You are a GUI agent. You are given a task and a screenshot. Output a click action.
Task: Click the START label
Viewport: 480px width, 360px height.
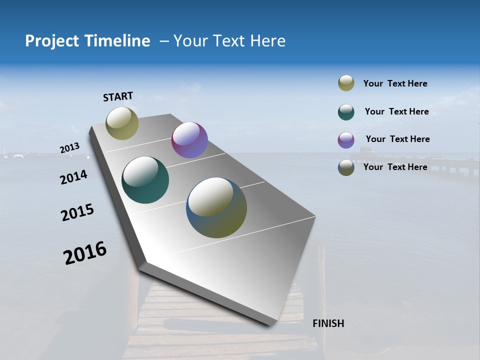pos(118,96)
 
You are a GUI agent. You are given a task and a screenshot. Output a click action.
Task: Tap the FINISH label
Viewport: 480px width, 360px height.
pos(328,323)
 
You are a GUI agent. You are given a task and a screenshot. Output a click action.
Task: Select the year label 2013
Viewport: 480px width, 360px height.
pos(70,148)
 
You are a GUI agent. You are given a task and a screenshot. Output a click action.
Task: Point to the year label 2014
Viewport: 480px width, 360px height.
pos(74,177)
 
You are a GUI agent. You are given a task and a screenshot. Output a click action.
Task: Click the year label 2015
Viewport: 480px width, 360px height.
pos(77,212)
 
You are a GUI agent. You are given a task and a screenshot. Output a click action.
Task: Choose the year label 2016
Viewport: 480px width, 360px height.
pos(85,252)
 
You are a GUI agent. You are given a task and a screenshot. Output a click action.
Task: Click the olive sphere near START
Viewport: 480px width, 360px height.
pos(122,123)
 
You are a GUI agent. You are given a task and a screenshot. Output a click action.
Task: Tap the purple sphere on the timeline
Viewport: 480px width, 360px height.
pos(189,140)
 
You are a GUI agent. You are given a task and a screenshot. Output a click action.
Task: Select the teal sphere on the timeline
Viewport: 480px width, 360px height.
pos(145,180)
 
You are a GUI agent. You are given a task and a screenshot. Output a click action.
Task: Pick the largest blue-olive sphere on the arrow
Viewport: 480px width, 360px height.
pos(216,207)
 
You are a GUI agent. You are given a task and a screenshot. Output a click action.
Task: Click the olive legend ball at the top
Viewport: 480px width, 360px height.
pos(346,83)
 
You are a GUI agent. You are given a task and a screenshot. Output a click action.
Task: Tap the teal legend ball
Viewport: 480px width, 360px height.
pos(346,112)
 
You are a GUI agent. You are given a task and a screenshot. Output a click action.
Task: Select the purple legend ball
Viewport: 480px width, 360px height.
pos(346,140)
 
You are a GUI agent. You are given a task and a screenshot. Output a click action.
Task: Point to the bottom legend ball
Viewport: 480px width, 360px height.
pos(346,167)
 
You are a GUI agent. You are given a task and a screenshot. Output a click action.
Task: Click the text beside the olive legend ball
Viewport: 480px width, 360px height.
pos(395,83)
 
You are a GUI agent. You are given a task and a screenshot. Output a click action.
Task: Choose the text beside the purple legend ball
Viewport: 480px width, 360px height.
pos(397,139)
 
